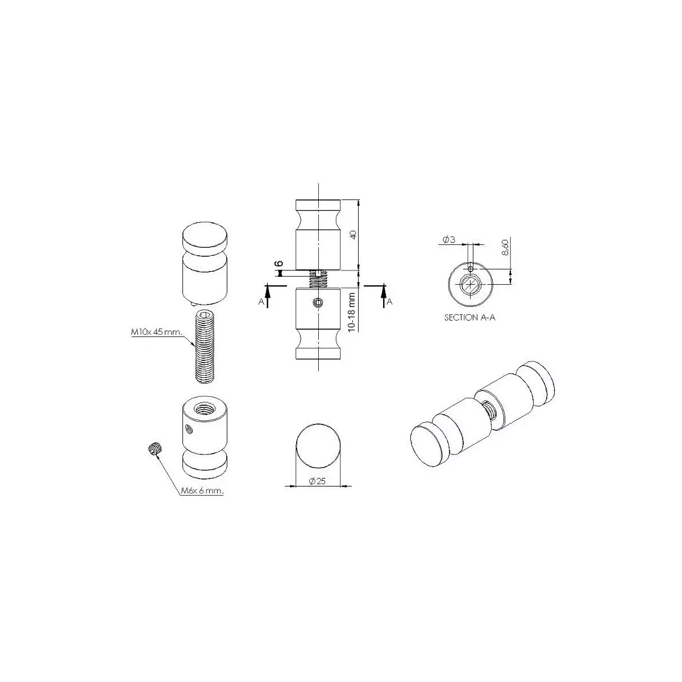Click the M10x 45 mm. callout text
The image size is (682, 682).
click(x=157, y=332)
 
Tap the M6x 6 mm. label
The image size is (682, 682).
click(x=202, y=491)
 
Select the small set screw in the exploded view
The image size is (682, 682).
click(x=155, y=448)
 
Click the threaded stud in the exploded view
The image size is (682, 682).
click(x=205, y=346)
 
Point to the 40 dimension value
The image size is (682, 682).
click(x=352, y=234)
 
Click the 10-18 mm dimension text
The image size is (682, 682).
click(x=351, y=312)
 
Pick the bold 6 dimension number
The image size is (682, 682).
click(x=279, y=264)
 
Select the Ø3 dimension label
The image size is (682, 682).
click(x=449, y=240)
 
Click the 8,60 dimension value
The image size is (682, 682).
click(x=505, y=247)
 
